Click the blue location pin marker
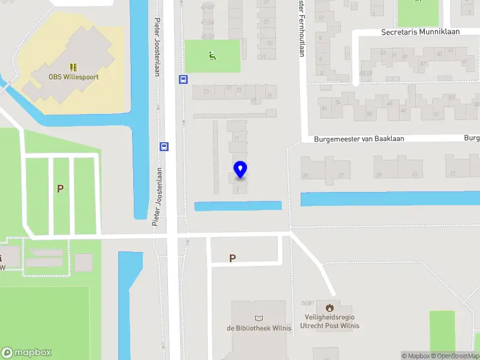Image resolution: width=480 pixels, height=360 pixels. click(x=240, y=169)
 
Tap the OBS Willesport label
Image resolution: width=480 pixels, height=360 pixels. click(x=74, y=77)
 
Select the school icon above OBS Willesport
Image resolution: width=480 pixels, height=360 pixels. click(x=74, y=67)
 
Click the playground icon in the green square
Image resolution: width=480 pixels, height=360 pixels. click(x=211, y=56)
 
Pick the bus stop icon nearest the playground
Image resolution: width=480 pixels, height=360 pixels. click(x=182, y=79)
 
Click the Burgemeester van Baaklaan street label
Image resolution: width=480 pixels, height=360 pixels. click(x=359, y=139)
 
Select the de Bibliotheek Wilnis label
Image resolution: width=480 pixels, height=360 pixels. click(x=259, y=328)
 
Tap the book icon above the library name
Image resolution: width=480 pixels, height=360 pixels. click(x=259, y=318)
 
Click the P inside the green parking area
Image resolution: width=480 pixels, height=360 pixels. click(x=60, y=188)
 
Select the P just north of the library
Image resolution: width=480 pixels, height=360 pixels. click(x=232, y=258)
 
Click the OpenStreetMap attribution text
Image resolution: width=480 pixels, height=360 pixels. click(x=455, y=356)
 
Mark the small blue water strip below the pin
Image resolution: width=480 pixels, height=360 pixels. click(x=238, y=206)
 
